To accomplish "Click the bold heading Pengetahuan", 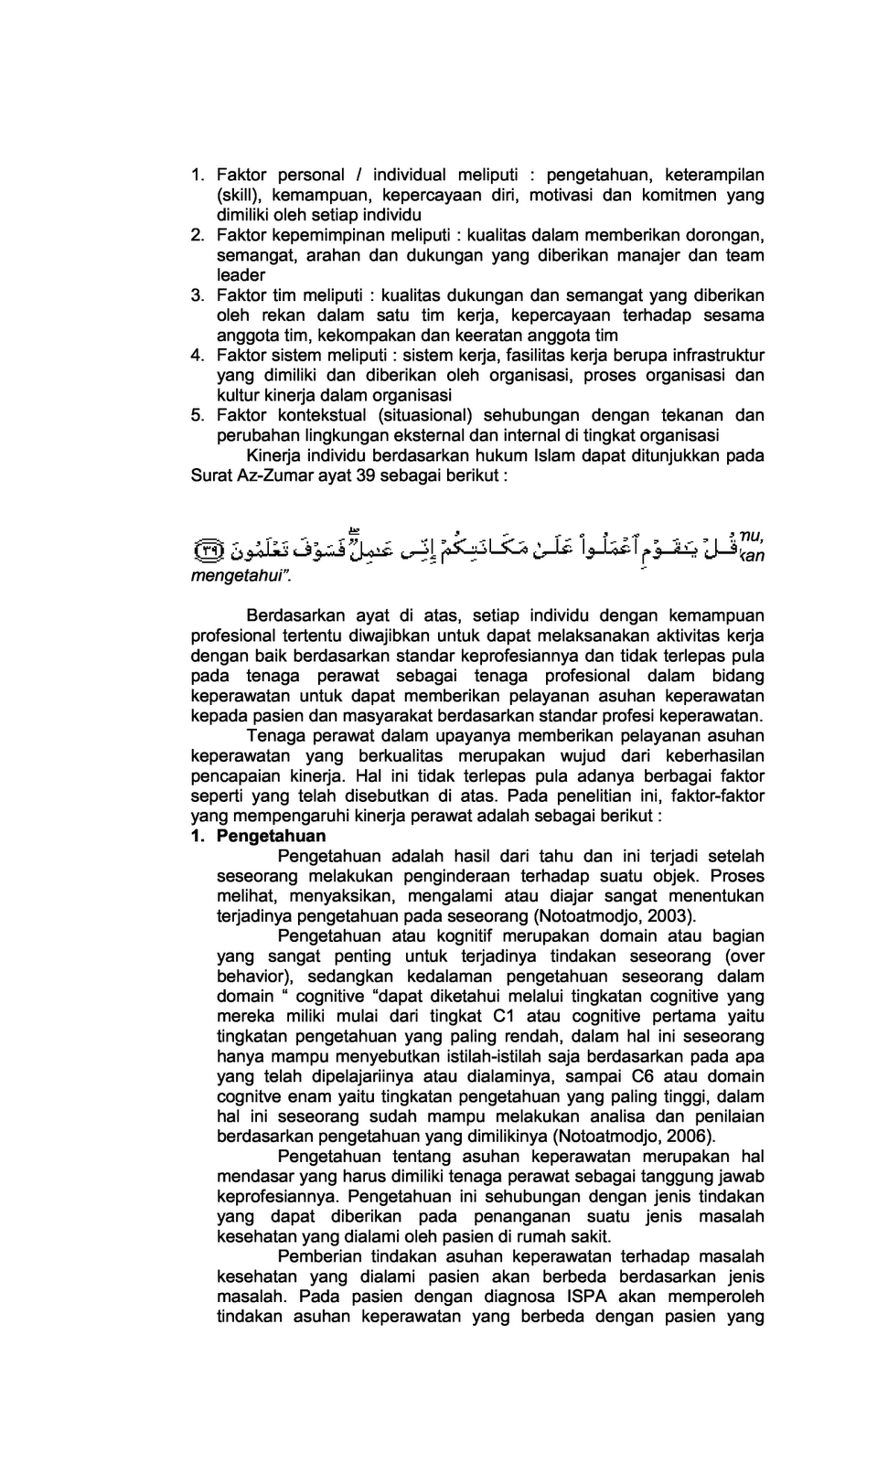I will [x=271, y=836].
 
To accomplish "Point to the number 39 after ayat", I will [x=364, y=475].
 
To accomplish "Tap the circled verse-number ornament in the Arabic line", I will [x=209, y=550].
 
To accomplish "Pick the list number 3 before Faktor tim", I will [x=198, y=295].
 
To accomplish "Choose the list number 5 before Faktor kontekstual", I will [x=198, y=415].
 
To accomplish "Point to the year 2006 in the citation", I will [x=689, y=1136].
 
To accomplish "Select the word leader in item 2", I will [x=241, y=275].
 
